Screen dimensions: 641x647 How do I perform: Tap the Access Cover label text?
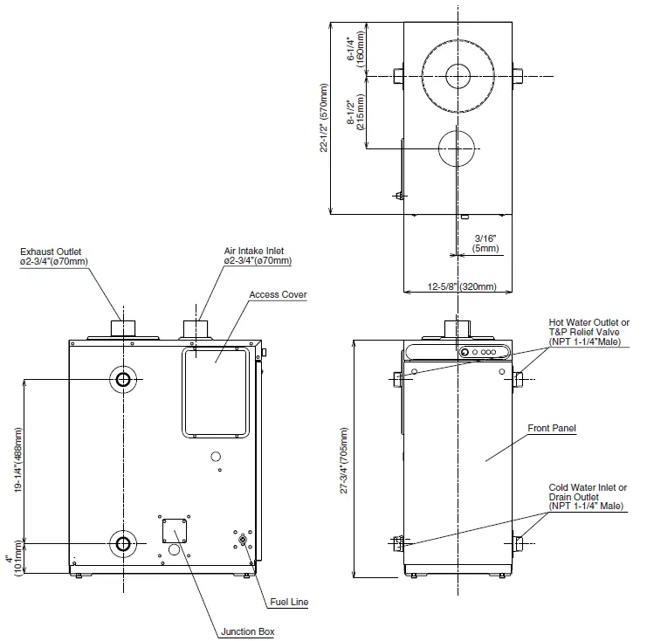click(x=278, y=295)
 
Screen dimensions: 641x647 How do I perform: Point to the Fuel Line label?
click(x=287, y=603)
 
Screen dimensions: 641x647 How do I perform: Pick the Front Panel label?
click(x=552, y=428)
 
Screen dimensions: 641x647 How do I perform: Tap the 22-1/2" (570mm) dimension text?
click(x=325, y=117)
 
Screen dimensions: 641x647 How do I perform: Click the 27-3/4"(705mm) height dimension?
click(x=346, y=462)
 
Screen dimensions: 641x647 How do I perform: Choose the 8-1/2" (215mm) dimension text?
click(x=354, y=112)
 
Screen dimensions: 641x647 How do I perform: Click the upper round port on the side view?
click(x=123, y=379)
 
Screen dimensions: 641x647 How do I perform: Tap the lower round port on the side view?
click(x=123, y=543)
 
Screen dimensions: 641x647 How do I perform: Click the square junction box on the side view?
click(x=174, y=530)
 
